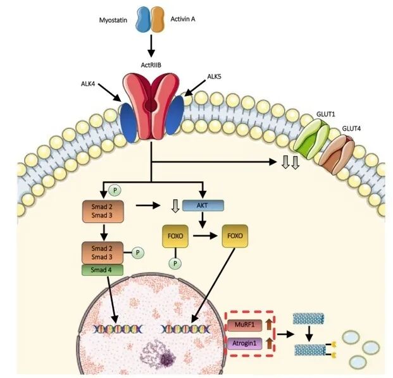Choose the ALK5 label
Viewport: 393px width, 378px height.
(215, 78)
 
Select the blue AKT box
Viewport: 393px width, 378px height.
(203, 205)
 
